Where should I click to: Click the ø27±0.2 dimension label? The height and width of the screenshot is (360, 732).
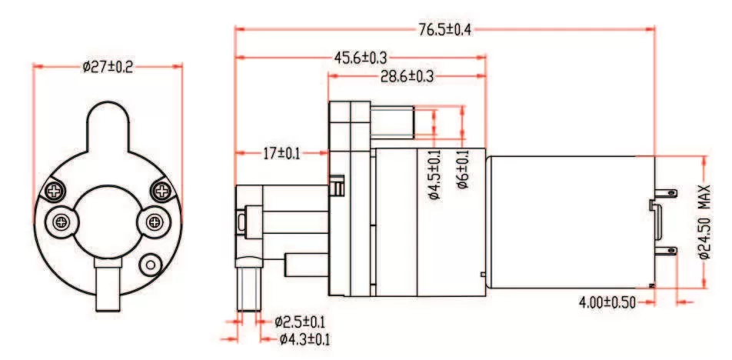click(107, 68)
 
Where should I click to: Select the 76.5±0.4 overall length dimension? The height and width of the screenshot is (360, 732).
click(444, 30)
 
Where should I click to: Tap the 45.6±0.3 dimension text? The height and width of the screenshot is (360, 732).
click(360, 58)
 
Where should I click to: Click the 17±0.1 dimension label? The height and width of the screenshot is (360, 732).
click(281, 153)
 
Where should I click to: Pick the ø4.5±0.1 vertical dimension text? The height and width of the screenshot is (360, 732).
click(434, 175)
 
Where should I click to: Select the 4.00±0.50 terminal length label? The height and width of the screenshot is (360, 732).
click(607, 302)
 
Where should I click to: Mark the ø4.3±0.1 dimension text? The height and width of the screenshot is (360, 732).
click(305, 338)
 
